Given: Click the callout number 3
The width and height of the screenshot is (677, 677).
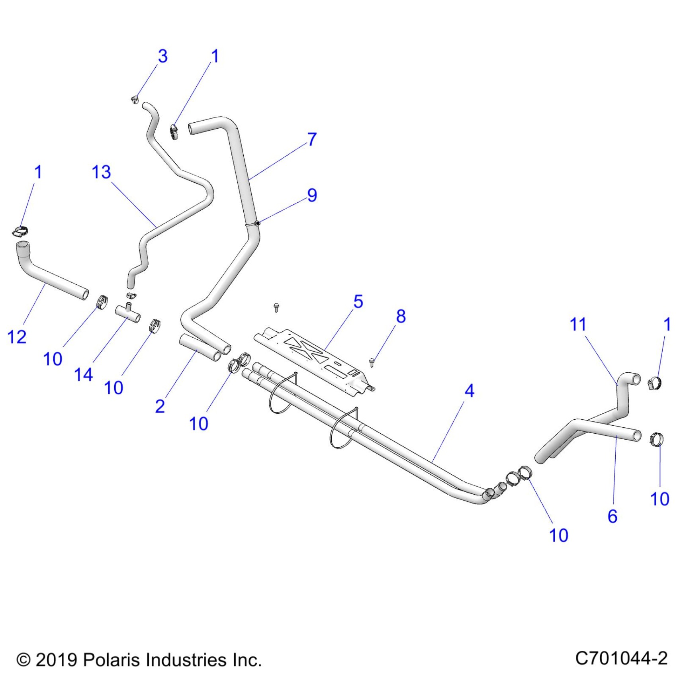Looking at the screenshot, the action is pyautogui.click(x=162, y=57).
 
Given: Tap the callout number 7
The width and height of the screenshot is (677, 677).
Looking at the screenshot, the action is pyautogui.click(x=312, y=139).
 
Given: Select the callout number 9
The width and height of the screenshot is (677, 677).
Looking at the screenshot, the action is pyautogui.click(x=312, y=195).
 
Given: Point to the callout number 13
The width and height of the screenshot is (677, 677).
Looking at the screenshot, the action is pyautogui.click(x=101, y=172).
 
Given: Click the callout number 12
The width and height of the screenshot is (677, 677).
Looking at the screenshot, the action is pyautogui.click(x=17, y=337).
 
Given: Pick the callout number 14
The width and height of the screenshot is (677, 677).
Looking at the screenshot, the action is pyautogui.click(x=83, y=375).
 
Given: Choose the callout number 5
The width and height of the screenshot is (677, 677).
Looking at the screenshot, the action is pyautogui.click(x=358, y=302).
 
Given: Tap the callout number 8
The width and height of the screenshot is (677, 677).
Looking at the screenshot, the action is pyautogui.click(x=401, y=317).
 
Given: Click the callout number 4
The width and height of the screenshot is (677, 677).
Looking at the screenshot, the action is pyautogui.click(x=470, y=391).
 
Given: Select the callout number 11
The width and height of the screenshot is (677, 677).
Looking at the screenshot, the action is pyautogui.click(x=578, y=325).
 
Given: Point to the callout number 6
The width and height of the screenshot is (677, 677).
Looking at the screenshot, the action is pyautogui.click(x=612, y=517).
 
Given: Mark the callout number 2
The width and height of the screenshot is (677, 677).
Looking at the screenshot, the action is pyautogui.click(x=160, y=407).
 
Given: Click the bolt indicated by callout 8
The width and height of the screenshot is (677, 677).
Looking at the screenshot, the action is pyautogui.click(x=372, y=362).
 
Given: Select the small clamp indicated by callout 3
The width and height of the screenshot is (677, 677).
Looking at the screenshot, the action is pyautogui.click(x=135, y=99).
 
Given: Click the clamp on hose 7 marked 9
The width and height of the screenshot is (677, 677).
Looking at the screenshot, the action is pyautogui.click(x=257, y=223).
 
